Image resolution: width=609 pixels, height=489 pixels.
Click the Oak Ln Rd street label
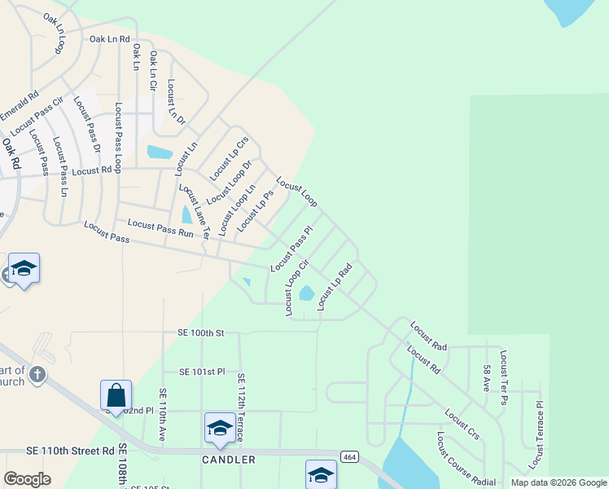coord(110,39)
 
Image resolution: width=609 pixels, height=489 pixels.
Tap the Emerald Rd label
coord(20,105)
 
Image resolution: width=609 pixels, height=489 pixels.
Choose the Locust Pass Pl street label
coord(291,249)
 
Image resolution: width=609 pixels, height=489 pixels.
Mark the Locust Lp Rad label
coord(335,286)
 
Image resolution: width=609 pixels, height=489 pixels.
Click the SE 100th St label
coord(199,333)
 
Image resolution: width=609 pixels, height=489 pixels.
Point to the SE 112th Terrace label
coord(241,407)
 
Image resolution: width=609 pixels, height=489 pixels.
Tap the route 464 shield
coord(348,457)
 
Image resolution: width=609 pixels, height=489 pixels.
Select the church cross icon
coord(37,375)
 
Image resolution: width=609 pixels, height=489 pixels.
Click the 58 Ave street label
coord(486,377)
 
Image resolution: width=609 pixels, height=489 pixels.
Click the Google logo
coord(27,479)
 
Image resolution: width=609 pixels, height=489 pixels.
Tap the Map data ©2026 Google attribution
coord(558,482)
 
